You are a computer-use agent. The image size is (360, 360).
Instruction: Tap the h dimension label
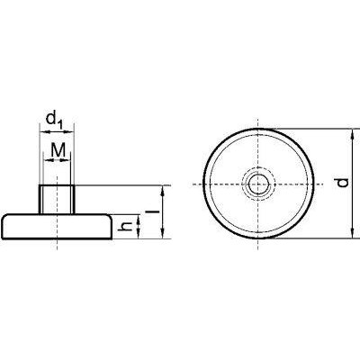pos(129,227)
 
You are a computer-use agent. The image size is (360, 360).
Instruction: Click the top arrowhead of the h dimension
pos(139,217)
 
